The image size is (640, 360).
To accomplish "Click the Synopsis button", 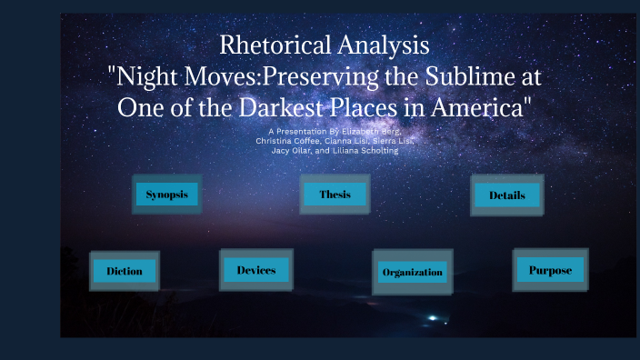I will (166, 195).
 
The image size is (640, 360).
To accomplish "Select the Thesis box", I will (335, 195).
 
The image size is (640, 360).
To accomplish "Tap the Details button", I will (507, 195).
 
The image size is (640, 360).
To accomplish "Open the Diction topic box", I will (124, 271).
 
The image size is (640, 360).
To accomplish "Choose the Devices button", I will (255, 270).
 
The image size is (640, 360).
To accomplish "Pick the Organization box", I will (412, 272).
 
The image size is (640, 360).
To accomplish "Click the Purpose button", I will (549, 270).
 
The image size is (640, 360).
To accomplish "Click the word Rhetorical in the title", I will (275, 43).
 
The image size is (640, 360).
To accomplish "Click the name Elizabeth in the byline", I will (360, 133).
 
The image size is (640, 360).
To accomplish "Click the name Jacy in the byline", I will (280, 151).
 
